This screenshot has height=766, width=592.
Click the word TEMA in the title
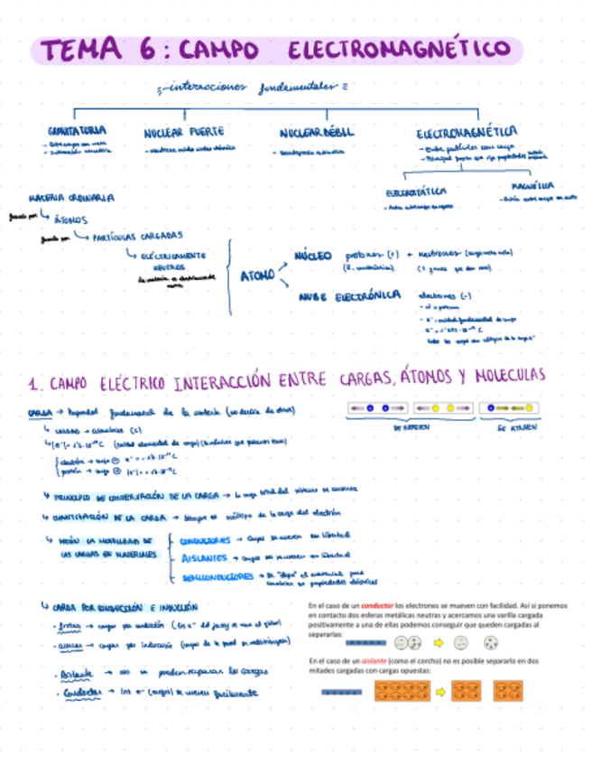tap(80, 51)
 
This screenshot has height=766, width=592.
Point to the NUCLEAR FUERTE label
tap(184, 132)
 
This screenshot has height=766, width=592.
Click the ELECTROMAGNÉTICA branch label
tap(467, 132)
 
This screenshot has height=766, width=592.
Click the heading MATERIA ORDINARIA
tap(72, 196)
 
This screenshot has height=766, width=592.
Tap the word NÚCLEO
tap(313, 256)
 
